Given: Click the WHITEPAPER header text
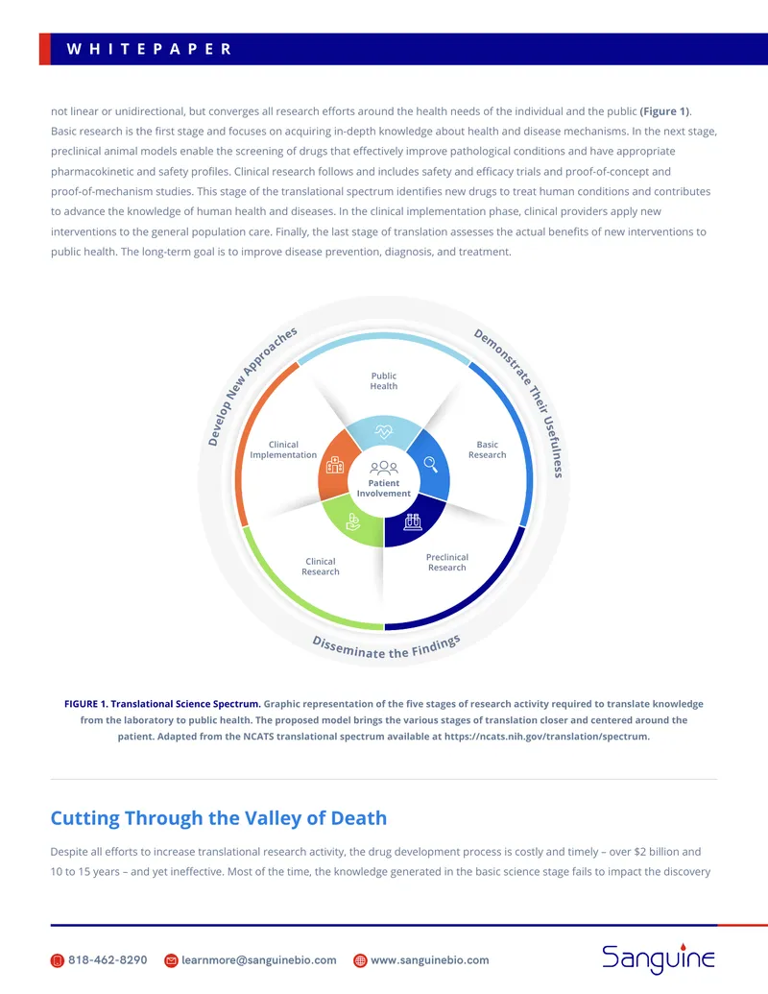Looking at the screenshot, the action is coord(149,49).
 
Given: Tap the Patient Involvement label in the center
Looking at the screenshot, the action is coord(383,488).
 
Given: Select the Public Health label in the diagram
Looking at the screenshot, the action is coord(384,381).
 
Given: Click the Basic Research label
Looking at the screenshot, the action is coord(488,449).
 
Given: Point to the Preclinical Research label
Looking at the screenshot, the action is coord(447,562).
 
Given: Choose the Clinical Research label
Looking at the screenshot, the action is coord(321,566).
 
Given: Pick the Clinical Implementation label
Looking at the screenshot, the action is coord(283,449).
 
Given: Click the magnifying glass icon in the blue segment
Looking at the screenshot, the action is coord(431,464).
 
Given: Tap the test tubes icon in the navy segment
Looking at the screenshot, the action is coord(413,521).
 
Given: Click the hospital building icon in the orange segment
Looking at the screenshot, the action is coord(335,465).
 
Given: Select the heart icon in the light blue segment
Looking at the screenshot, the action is coord(384,432).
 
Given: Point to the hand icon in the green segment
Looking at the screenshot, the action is coord(353,521).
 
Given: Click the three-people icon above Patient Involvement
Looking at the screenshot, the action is coord(384,468).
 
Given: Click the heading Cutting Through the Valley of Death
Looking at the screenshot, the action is coord(219,818).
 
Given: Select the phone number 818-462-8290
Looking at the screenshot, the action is coord(108,959).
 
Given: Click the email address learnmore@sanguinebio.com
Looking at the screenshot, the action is coord(259,959).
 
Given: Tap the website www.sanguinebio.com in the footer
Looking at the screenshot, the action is coord(430,959).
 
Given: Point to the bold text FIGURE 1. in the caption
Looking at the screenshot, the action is coord(86,704).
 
